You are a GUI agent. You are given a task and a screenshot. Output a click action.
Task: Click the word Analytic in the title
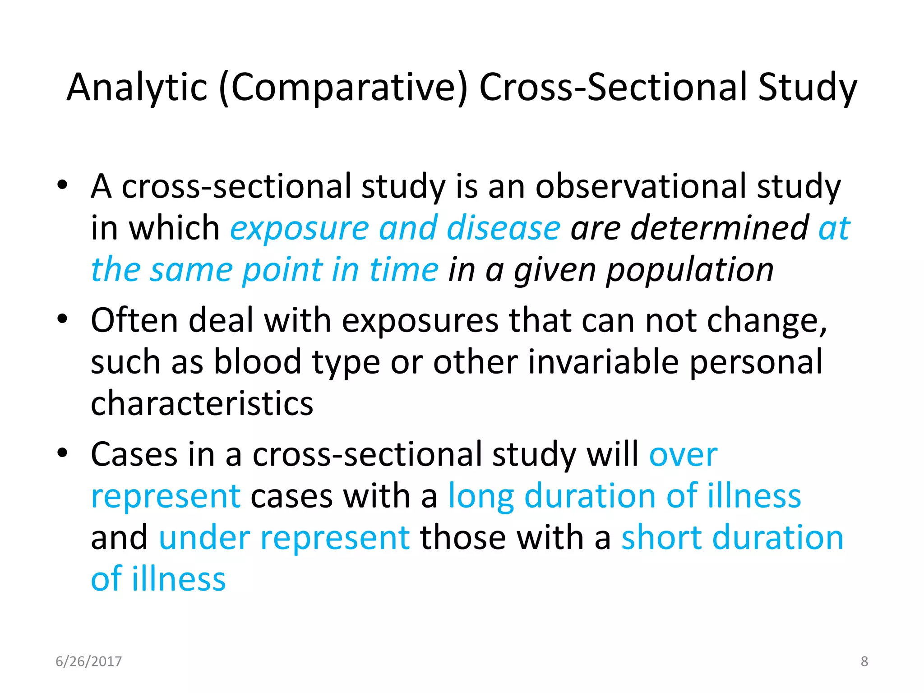[x=137, y=88]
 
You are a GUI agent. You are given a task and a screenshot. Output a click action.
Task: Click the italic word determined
[x=720, y=227]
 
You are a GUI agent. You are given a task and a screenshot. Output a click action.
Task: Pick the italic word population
[x=690, y=270]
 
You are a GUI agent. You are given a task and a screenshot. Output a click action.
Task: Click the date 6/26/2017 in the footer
[x=88, y=661]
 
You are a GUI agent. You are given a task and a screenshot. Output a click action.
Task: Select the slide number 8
[x=864, y=661]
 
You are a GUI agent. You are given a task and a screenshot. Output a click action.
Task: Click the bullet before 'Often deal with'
[x=62, y=319]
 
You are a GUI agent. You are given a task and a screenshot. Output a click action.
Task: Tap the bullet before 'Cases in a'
[x=62, y=453]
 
